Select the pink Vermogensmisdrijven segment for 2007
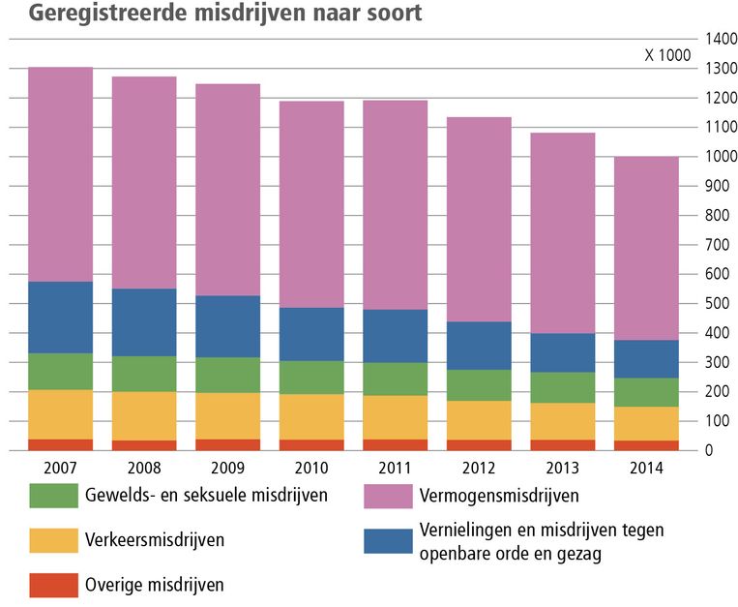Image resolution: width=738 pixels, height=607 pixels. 60,174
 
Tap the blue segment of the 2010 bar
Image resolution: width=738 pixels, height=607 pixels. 311,334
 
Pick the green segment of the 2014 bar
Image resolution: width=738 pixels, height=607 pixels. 646,392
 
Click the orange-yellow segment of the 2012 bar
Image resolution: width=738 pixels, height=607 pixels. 479,420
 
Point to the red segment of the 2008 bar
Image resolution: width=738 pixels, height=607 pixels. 144,445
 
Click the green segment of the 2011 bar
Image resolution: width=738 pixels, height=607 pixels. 395,379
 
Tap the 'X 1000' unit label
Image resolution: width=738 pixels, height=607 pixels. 667,55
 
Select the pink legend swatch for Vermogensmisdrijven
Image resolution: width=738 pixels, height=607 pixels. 388,496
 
